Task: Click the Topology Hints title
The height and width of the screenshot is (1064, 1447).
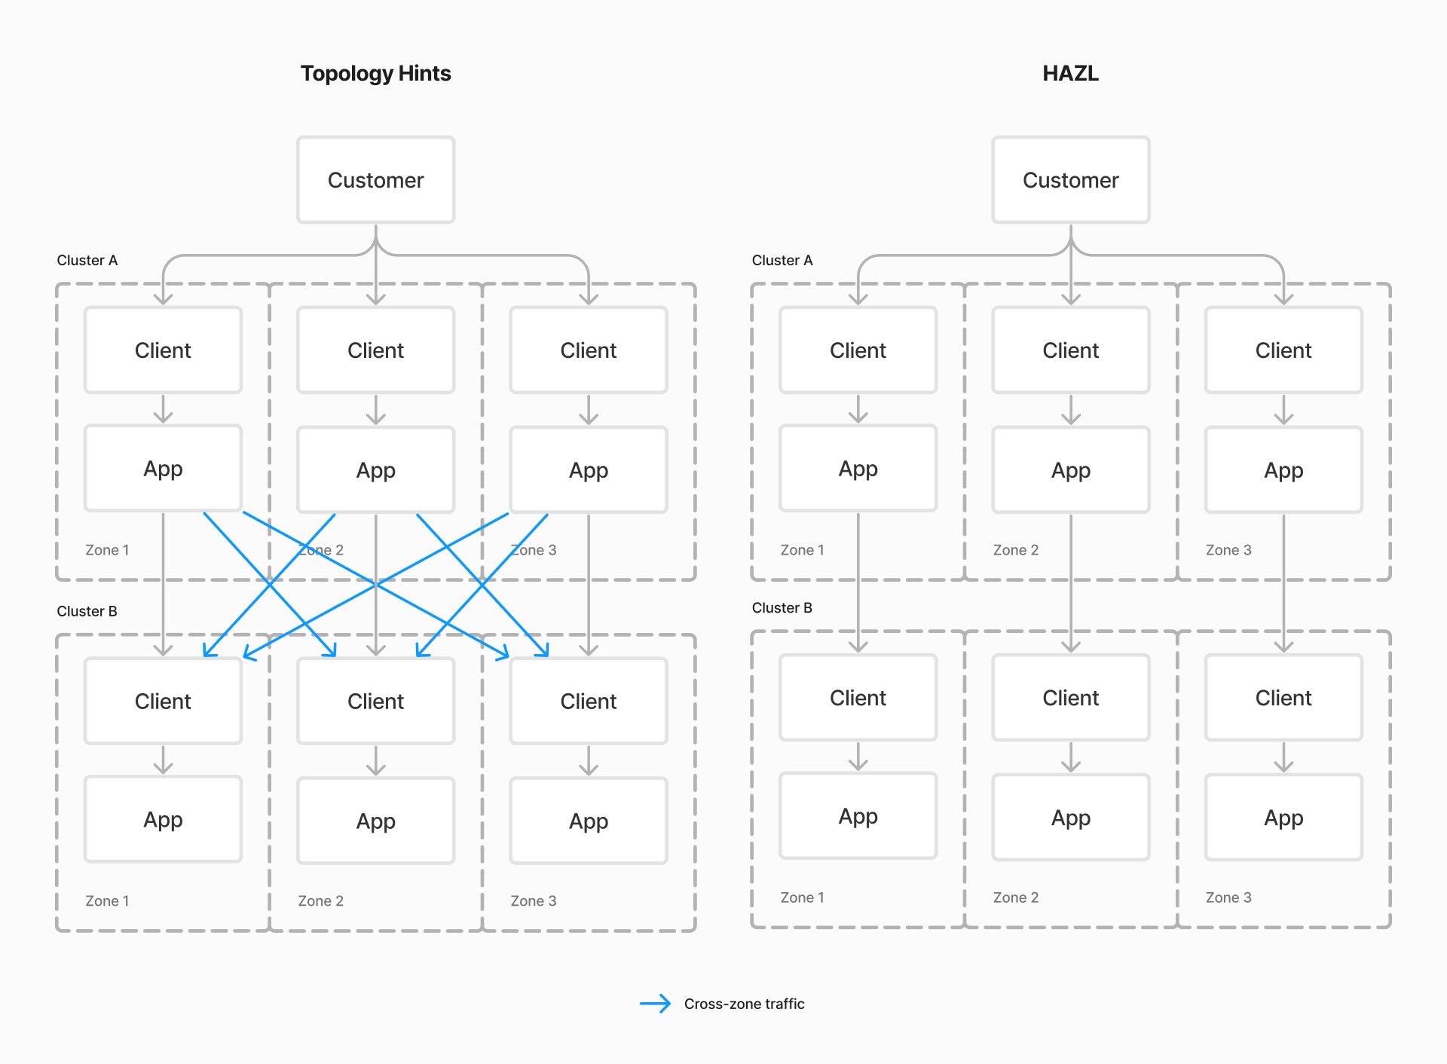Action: [375, 73]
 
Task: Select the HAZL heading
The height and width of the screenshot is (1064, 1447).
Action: [1070, 73]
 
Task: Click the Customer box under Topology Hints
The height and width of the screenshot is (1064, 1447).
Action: [375, 180]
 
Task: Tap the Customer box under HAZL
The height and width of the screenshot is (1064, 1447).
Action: [1070, 180]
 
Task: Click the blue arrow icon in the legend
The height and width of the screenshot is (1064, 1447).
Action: [655, 1003]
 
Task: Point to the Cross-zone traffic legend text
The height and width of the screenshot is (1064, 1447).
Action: [744, 1004]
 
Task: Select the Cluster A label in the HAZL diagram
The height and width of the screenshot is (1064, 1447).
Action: [782, 260]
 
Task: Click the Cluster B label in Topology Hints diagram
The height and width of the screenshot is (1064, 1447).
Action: [87, 611]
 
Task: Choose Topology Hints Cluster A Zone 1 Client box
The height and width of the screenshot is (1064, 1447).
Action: [163, 350]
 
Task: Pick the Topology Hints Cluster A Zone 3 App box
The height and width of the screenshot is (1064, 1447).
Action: [589, 470]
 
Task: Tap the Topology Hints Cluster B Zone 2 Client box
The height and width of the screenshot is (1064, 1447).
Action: [375, 702]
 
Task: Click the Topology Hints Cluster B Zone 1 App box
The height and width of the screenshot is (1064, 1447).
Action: [163, 820]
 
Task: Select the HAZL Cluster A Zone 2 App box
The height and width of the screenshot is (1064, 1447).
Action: [1070, 470]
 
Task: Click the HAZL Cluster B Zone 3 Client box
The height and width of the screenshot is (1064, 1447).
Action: [1283, 698]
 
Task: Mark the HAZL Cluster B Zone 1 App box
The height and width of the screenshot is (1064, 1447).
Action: [858, 816]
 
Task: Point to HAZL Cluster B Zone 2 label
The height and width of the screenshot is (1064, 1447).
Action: [1015, 897]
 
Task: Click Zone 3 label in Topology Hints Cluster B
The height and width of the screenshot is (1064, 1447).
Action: [533, 901]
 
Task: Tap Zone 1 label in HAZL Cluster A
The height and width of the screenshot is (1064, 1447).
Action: [802, 550]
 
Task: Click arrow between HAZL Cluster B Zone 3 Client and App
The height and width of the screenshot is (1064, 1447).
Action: [1283, 757]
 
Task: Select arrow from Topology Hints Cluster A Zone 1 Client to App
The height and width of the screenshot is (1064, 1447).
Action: [163, 409]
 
